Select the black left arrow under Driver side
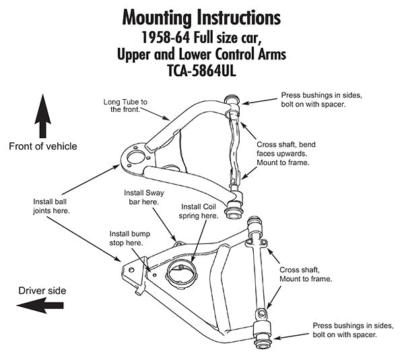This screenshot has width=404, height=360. [x=40, y=305]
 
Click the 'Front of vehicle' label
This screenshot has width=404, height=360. [x=43, y=146]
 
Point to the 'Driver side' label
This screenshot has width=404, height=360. [x=42, y=290]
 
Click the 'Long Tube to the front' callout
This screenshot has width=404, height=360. [x=125, y=105]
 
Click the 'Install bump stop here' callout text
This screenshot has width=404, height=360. [x=125, y=237]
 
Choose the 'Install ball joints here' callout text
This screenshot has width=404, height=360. [x=52, y=206]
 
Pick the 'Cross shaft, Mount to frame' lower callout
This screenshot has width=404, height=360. [x=302, y=274]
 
